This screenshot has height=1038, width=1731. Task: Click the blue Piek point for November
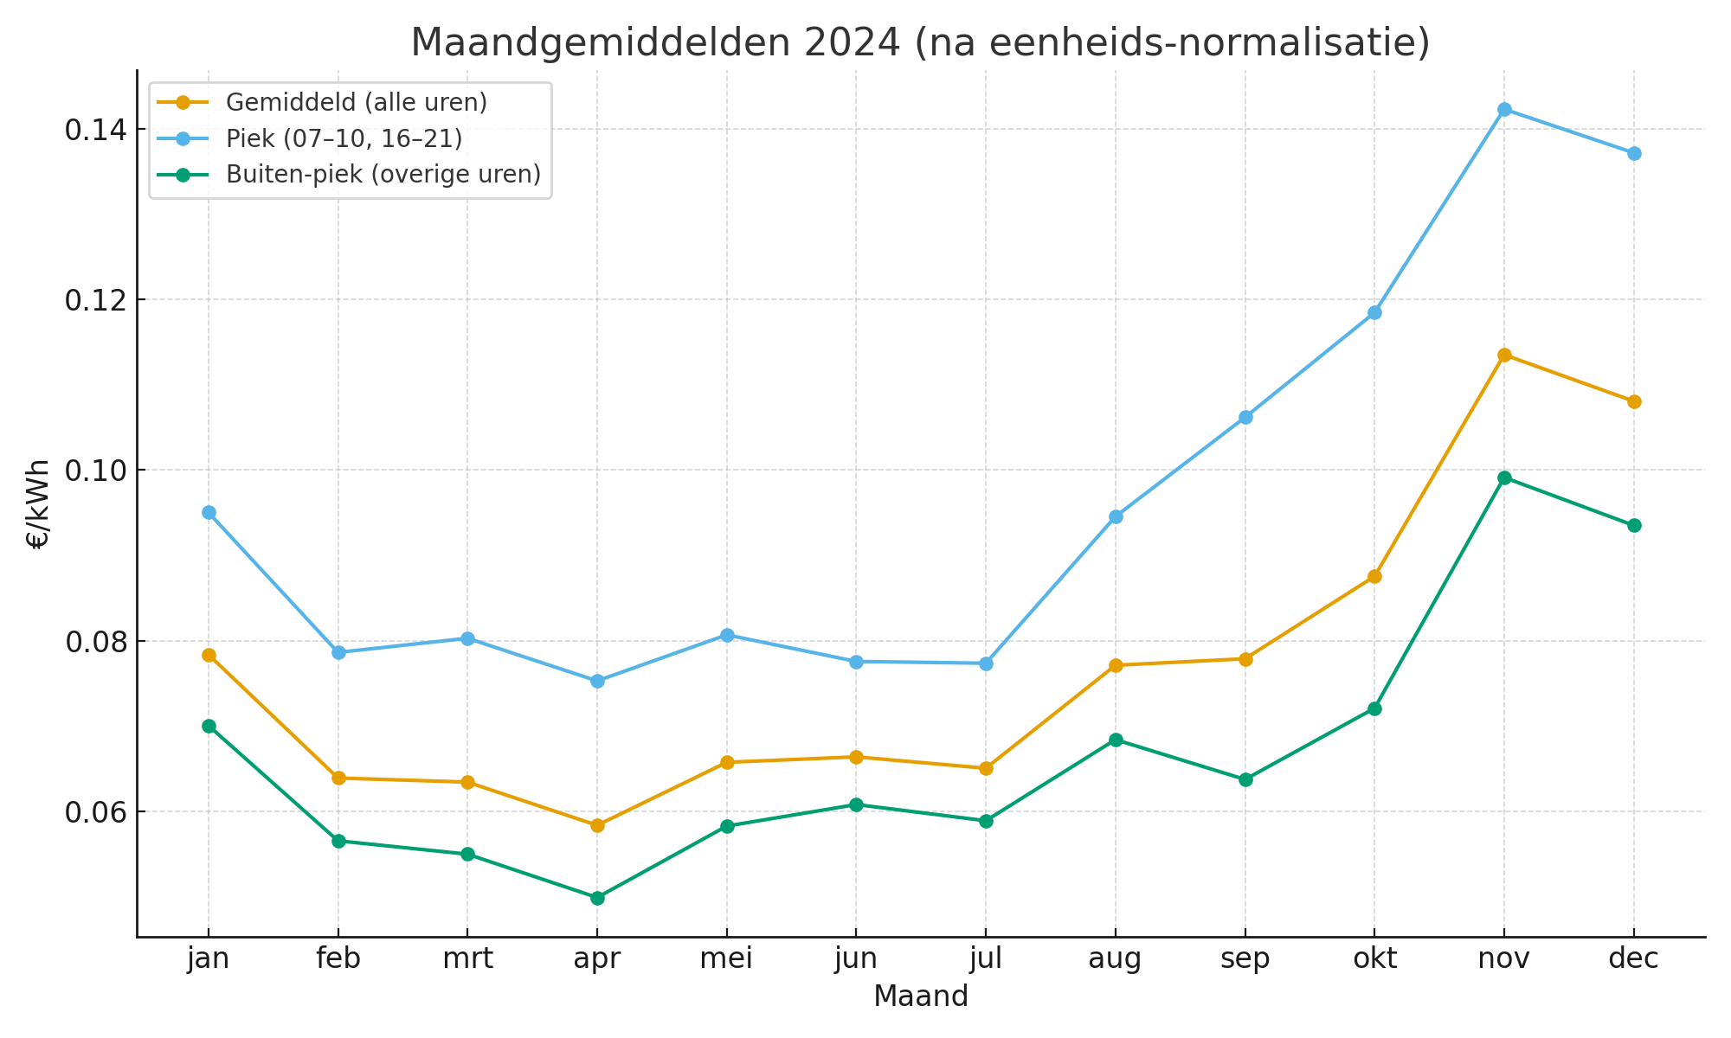(x=1504, y=109)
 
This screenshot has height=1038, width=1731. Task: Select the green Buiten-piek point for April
(x=597, y=898)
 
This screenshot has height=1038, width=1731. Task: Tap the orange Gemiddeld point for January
(x=209, y=655)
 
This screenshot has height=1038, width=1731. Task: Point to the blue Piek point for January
(x=209, y=512)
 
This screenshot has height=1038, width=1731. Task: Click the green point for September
(x=1245, y=779)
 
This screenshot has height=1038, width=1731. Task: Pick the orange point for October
(x=1374, y=576)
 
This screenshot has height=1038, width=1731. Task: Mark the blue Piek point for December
(x=1634, y=153)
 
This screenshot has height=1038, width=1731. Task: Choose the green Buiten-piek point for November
(x=1504, y=477)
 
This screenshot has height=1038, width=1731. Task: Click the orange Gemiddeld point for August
(x=1116, y=665)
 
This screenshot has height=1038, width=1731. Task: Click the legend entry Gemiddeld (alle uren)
(x=356, y=102)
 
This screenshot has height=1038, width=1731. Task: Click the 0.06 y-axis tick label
(x=95, y=812)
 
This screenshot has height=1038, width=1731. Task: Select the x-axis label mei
(x=726, y=958)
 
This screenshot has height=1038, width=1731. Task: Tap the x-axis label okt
(x=1374, y=958)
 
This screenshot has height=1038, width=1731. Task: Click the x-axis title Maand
(x=920, y=996)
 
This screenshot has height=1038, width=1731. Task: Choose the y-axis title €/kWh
(x=38, y=504)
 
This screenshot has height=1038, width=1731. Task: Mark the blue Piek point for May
(x=727, y=635)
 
